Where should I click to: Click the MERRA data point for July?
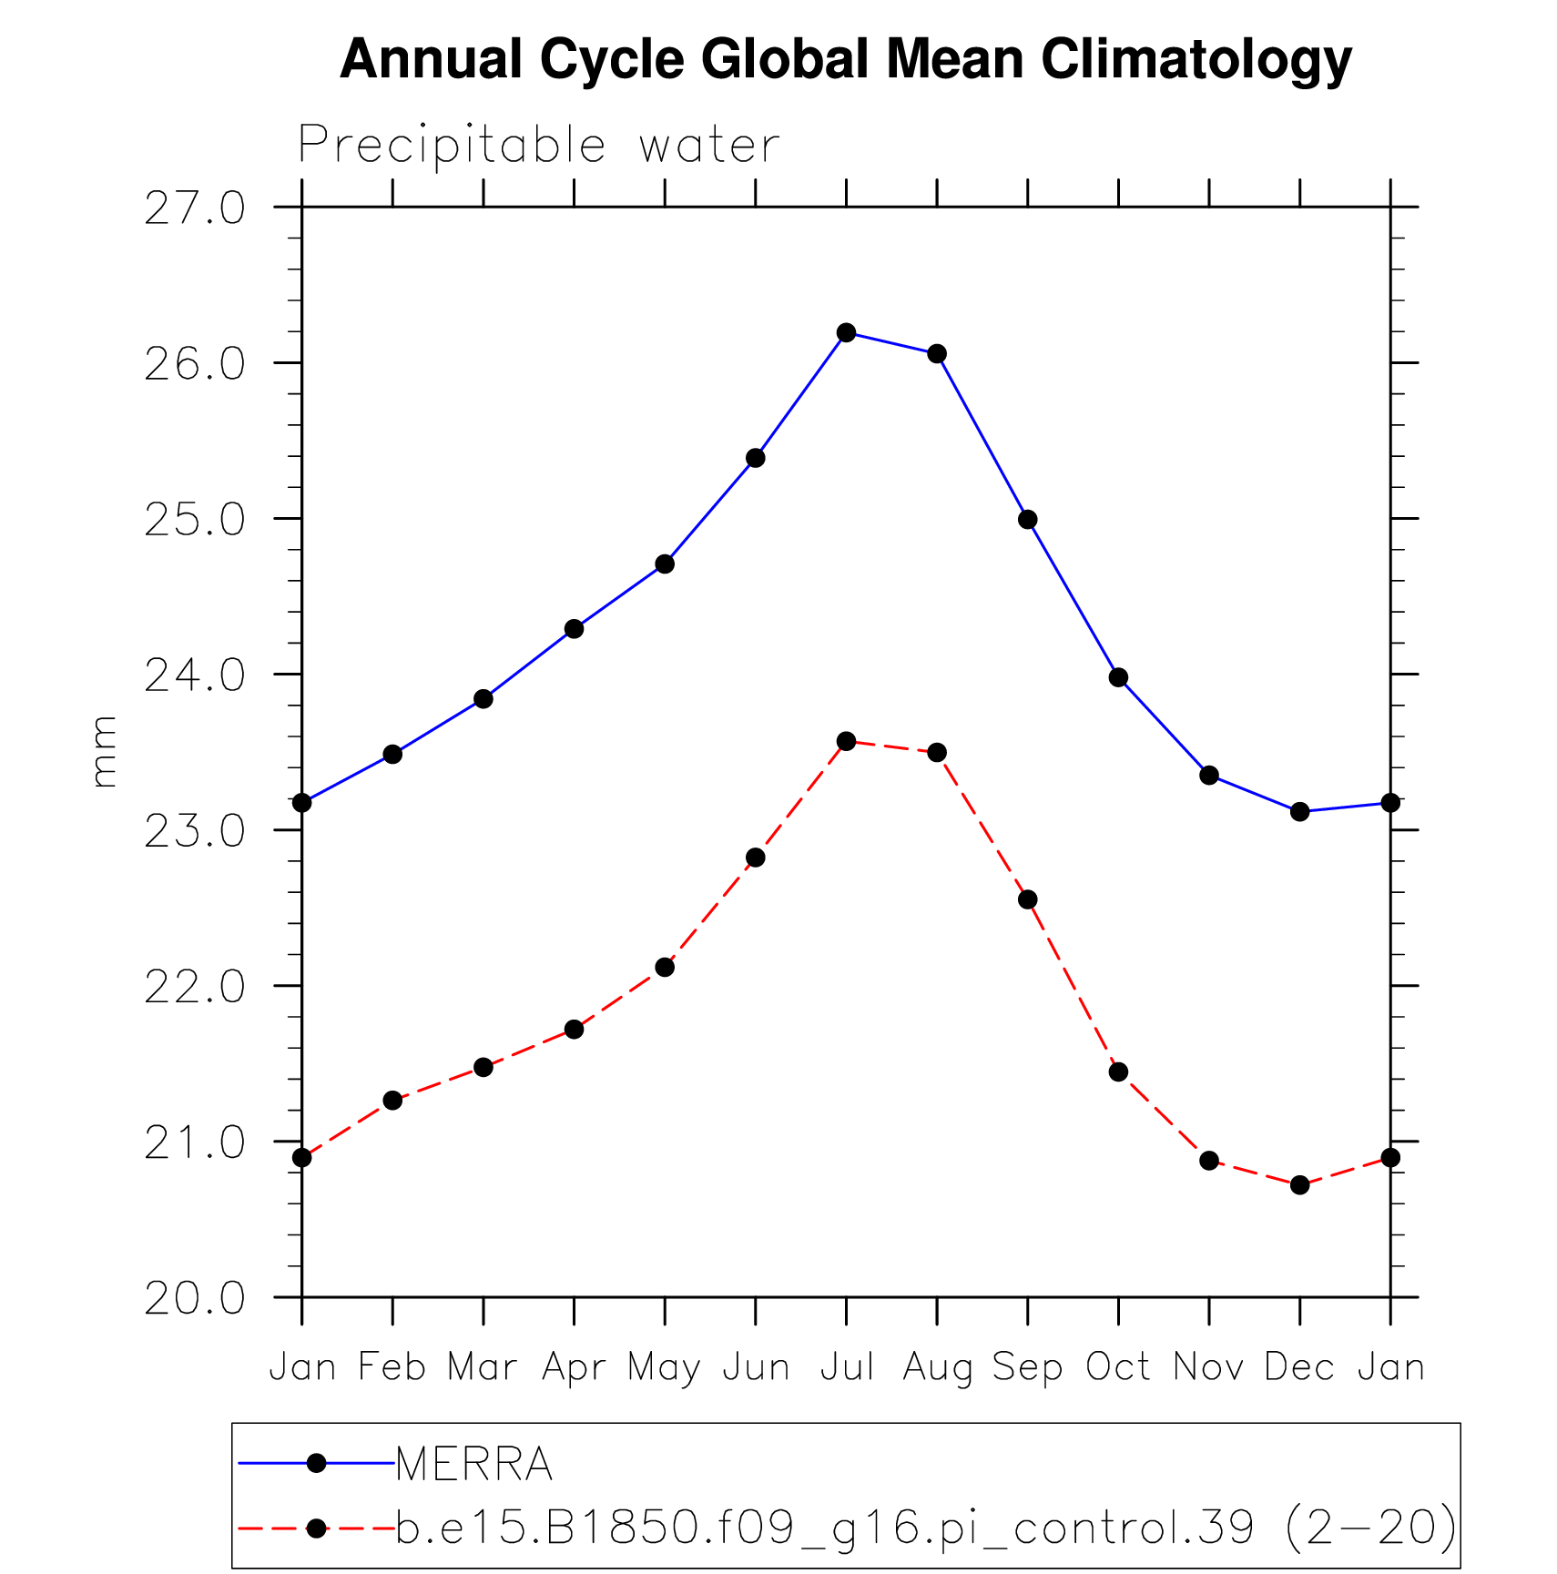coord(846,332)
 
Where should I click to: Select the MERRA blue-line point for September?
coord(1027,520)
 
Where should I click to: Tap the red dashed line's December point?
coord(1299,1184)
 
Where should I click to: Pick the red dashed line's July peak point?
coord(846,741)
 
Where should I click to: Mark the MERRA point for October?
coord(1118,677)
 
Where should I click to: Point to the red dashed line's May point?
coord(665,967)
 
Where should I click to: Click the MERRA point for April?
coord(574,629)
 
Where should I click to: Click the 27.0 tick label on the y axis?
coord(195,208)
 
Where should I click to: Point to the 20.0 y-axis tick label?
coord(195,1298)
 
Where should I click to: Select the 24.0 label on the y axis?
coord(195,675)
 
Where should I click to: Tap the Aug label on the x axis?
coord(937,1367)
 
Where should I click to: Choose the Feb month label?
coord(392,1367)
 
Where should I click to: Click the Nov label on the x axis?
coord(1208,1367)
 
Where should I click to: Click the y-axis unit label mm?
coord(106,751)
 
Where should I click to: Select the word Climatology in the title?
coord(1196,60)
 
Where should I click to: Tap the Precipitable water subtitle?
coord(539,145)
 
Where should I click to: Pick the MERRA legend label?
coord(474,1465)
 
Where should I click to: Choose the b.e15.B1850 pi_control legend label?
coord(925,1528)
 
